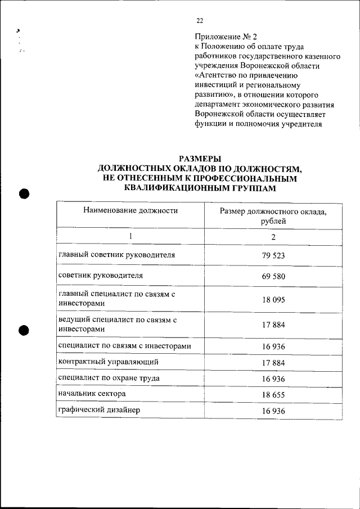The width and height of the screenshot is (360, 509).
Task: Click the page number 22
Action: tap(200, 21)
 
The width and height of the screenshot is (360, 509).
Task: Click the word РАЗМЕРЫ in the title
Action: tap(200, 158)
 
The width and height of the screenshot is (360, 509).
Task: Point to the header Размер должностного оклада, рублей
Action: tap(273, 216)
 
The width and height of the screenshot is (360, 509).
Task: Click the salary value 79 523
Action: tap(274, 255)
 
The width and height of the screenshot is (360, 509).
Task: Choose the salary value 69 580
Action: tap(274, 277)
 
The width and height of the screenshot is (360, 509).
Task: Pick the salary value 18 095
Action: tap(274, 300)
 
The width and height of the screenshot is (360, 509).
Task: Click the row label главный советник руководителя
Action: tap(116, 255)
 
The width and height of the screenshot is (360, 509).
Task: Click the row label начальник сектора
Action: tap(92, 394)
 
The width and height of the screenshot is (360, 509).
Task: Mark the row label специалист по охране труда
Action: tap(109, 378)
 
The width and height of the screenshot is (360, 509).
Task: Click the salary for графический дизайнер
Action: tap(274, 411)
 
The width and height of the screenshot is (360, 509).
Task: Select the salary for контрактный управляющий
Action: tap(274, 363)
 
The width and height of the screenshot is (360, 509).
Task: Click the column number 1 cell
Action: tap(130, 236)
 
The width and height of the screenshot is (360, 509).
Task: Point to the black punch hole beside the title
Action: tap(24, 193)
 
